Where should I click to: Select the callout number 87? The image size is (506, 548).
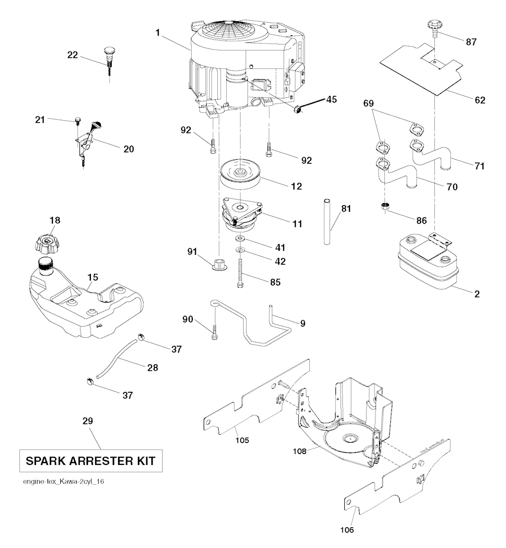click(471, 42)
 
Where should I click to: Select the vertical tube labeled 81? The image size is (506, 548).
click(327, 221)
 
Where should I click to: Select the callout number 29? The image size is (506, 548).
click(87, 421)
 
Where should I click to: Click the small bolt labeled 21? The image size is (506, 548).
click(78, 120)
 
